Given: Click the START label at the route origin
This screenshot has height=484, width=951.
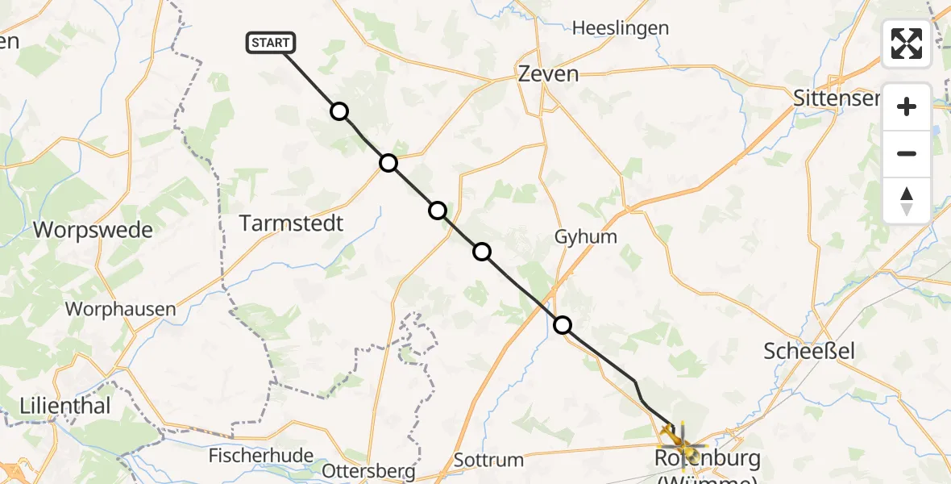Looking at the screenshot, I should coord(271,43).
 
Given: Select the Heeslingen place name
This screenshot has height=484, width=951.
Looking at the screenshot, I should coord(620,28).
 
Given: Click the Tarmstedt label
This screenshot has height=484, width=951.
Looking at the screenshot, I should coord(292,223).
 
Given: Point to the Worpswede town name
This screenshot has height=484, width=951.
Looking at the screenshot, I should coord(93,230).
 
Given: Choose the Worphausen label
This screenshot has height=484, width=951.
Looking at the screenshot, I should coord(120,308).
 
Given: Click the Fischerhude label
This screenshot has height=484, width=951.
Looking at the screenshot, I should coord(260,456).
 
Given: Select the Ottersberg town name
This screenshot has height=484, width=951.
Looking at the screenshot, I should coord(368,470).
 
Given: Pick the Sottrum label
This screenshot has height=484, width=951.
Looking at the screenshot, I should coord(488,461).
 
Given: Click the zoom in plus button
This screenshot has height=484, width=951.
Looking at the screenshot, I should coord(907,106).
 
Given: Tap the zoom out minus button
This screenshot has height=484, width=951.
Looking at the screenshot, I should coord(907,153).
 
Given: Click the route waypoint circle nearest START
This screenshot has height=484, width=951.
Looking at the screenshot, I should coord(339,111).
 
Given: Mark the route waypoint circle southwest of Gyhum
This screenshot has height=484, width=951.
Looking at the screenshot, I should coord(482,252).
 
